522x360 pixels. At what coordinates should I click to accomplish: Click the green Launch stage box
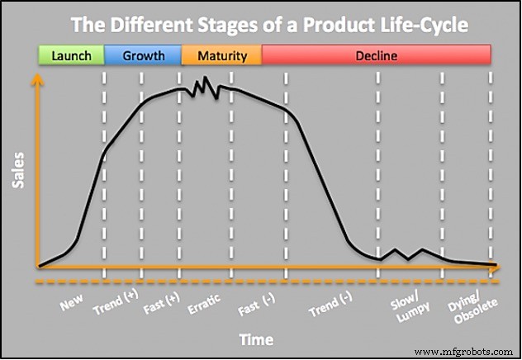pyautogui.click(x=71, y=56)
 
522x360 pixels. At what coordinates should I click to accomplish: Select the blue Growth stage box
pyautogui.click(x=143, y=56)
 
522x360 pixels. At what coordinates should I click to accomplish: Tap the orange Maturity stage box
pyautogui.click(x=221, y=56)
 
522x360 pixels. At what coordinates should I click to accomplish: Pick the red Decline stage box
pyautogui.click(x=376, y=56)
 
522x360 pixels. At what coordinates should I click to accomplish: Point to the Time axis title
pyautogui.click(x=256, y=339)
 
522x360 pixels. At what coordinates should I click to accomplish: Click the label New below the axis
pyautogui.click(x=73, y=305)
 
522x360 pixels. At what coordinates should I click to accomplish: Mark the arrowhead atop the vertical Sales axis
pyautogui.click(x=38, y=80)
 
